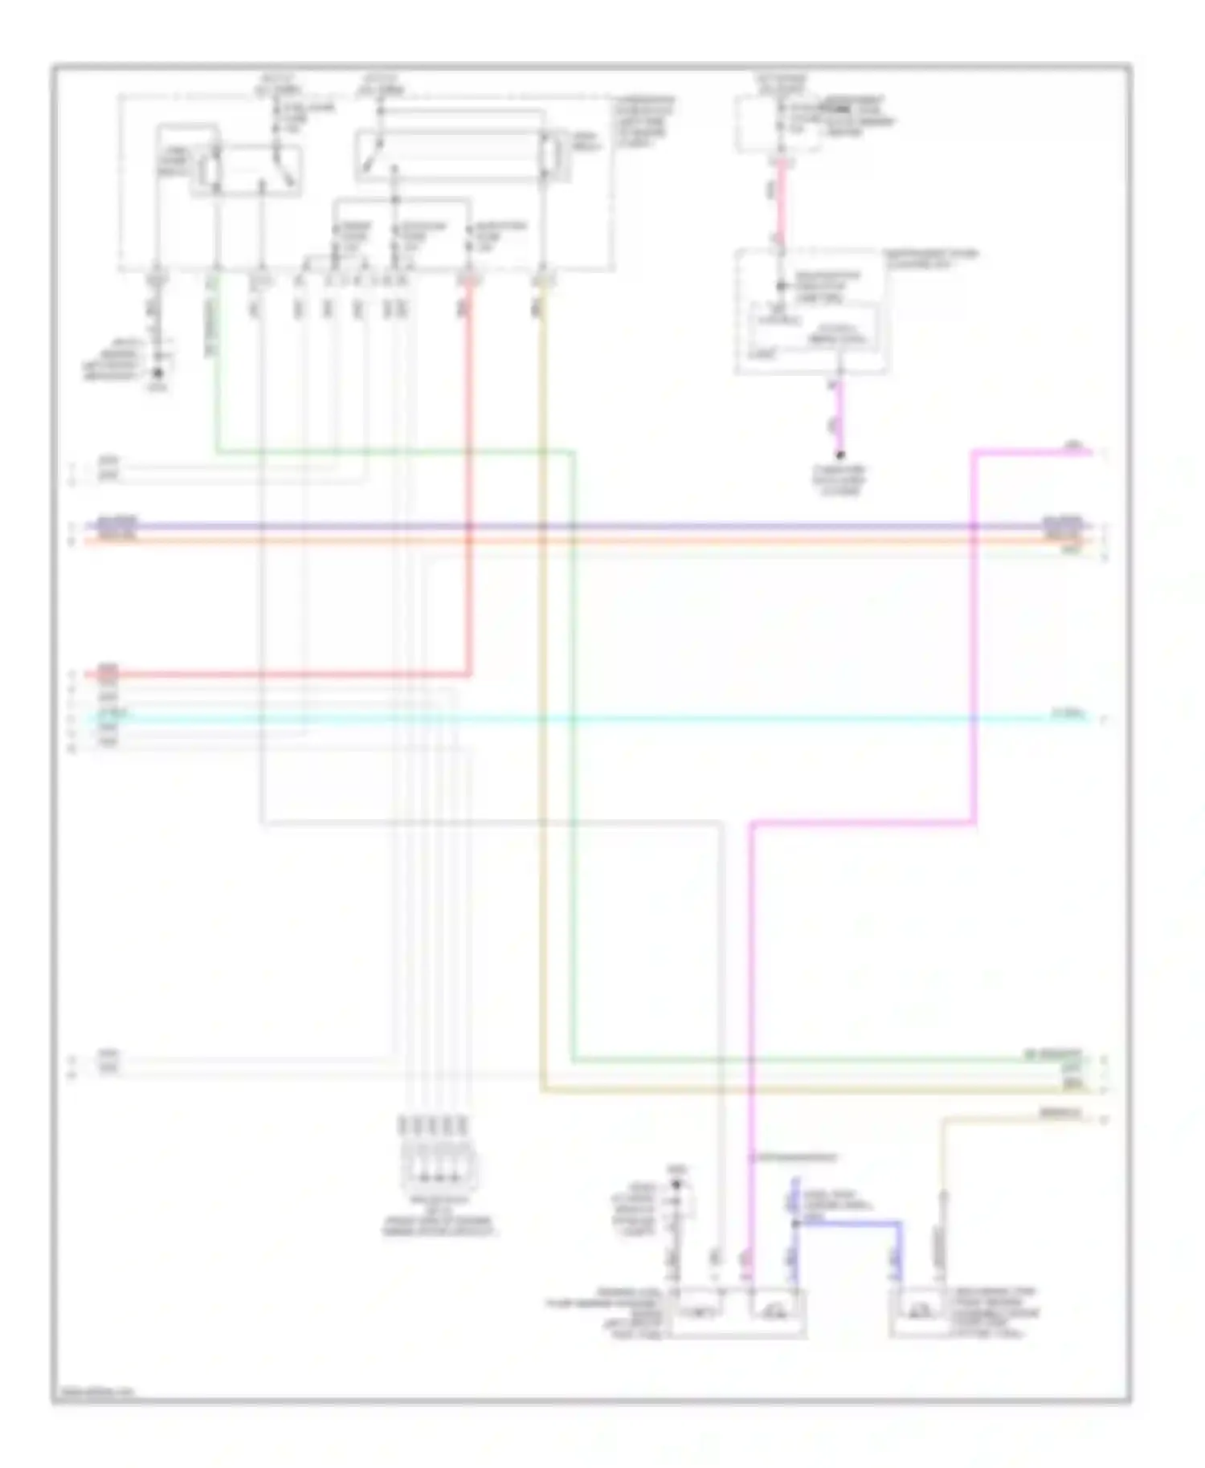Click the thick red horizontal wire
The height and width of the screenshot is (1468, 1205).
[x=281, y=674]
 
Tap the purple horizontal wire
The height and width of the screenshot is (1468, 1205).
[x=562, y=526]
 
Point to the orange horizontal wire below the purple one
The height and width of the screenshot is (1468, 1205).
[x=562, y=542]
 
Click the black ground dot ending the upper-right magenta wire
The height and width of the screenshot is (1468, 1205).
[x=840, y=455]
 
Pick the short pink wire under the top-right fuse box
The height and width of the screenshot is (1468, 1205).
[x=780, y=197]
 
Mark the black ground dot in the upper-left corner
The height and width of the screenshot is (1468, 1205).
[x=157, y=373]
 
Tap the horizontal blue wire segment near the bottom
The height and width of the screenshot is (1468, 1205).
[x=852, y=1223]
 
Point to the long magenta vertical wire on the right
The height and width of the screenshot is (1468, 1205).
[x=974, y=642]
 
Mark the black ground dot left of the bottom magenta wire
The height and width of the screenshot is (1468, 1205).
[x=676, y=1185]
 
